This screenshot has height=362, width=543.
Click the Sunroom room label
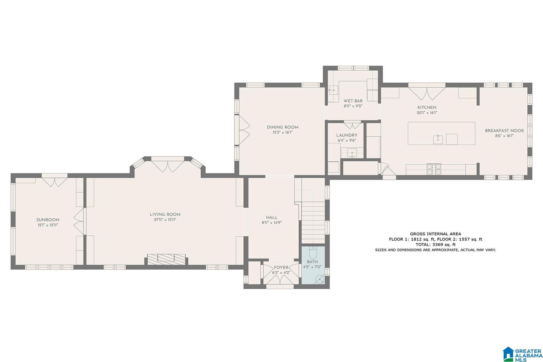[x=48, y=220]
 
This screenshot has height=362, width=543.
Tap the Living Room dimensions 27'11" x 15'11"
[x=165, y=220]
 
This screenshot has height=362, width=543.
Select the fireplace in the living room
[x=167, y=259]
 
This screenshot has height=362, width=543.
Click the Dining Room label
[x=283, y=127]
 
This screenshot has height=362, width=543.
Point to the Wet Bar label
[x=353, y=101]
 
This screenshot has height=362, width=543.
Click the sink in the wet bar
[x=333, y=90]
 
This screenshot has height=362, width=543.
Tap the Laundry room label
[x=347, y=135]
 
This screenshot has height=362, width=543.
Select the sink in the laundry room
[x=352, y=152]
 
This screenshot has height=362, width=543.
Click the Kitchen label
[x=427, y=108]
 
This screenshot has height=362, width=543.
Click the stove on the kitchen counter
[x=434, y=169]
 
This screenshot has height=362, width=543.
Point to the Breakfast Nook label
[x=504, y=130]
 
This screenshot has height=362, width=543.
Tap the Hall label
[x=272, y=217]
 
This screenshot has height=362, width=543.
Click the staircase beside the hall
[x=313, y=222]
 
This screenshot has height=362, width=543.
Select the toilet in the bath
[x=313, y=253]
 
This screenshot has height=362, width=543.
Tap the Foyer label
[x=281, y=267]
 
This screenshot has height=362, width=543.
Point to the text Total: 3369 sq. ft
[x=436, y=245]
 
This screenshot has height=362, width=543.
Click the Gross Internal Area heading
[x=436, y=234]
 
